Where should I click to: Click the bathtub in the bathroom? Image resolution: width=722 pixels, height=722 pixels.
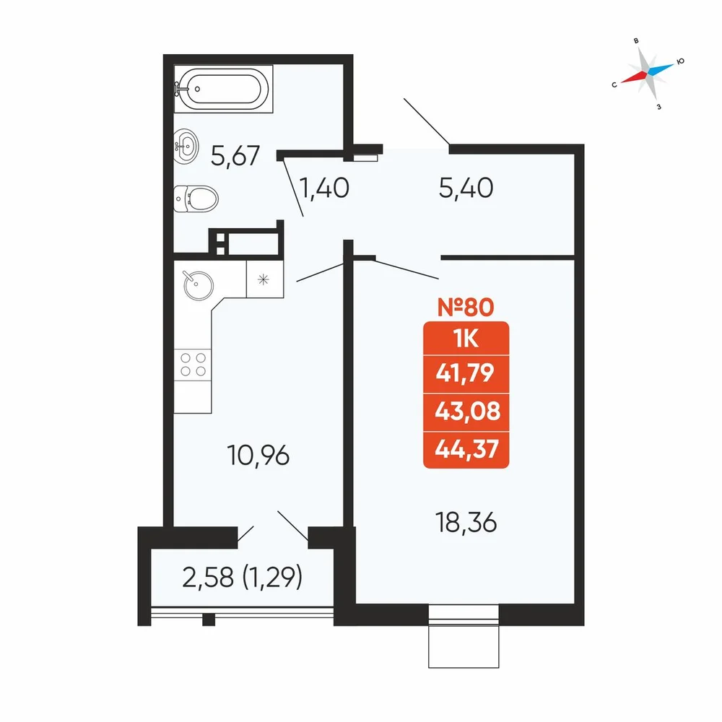223,88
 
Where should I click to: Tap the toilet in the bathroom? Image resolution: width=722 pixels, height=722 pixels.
196,199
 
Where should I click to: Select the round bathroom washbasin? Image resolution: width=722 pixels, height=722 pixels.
186,147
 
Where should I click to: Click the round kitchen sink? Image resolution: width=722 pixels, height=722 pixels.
199,285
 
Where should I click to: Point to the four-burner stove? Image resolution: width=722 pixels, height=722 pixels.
193,365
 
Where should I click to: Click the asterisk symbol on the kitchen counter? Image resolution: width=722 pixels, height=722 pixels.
264,279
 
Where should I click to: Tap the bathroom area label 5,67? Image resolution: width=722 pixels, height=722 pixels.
235,156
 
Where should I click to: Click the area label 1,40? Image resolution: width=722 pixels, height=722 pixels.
324,188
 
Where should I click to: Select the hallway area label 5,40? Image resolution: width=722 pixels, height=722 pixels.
466,188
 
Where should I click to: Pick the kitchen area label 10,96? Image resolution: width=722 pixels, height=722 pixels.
258,456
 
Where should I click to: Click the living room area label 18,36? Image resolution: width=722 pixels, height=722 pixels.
466,523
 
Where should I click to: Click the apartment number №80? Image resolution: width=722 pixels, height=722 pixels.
466,307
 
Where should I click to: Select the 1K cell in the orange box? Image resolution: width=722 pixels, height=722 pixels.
466,339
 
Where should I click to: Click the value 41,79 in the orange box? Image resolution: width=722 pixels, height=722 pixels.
465,373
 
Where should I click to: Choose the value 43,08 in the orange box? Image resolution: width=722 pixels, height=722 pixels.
467,411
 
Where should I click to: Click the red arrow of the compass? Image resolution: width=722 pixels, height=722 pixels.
634,77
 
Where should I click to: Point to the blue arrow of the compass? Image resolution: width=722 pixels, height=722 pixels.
661,68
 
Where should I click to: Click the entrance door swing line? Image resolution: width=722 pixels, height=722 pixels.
427,121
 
